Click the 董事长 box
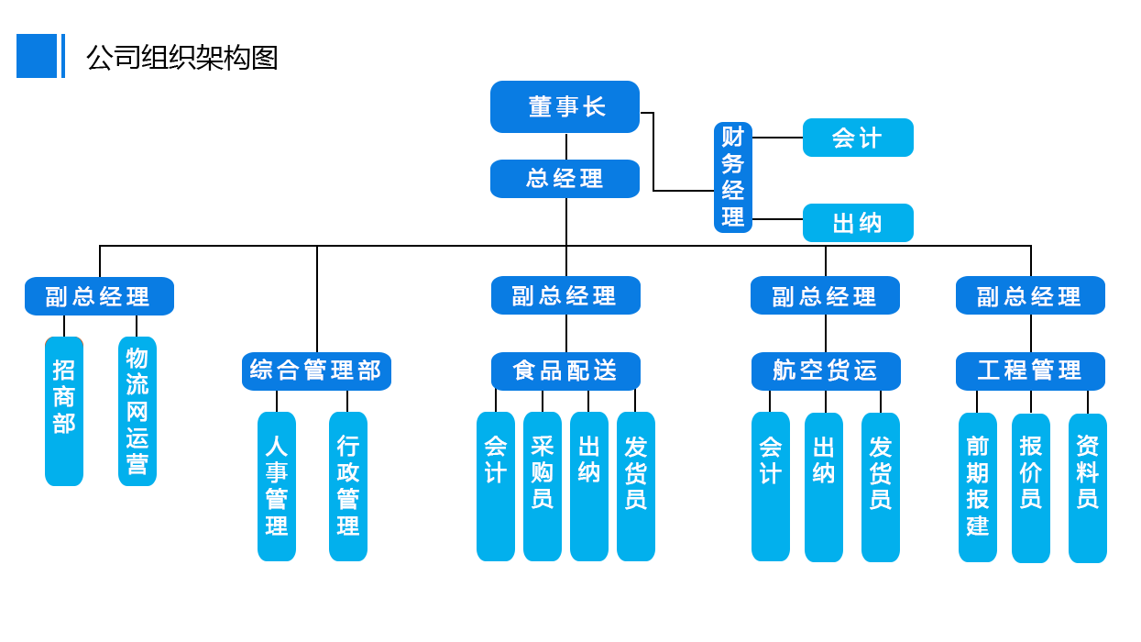(565, 107)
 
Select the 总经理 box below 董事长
(565, 178)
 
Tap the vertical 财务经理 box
(732, 177)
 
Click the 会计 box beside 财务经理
(858, 138)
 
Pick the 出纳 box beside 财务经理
(858, 223)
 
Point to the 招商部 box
(64, 410)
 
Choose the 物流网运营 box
(137, 410)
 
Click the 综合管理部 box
(316, 371)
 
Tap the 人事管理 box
(277, 485)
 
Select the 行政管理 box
(348, 485)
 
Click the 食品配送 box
(565, 371)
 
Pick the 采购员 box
(543, 485)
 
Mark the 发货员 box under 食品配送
(635, 485)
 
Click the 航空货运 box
(825, 371)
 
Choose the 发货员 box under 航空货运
(881, 485)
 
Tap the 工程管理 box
(1030, 371)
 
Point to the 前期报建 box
(978, 486)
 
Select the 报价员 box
(1031, 486)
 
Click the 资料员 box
(1088, 486)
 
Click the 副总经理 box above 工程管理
(1030, 296)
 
